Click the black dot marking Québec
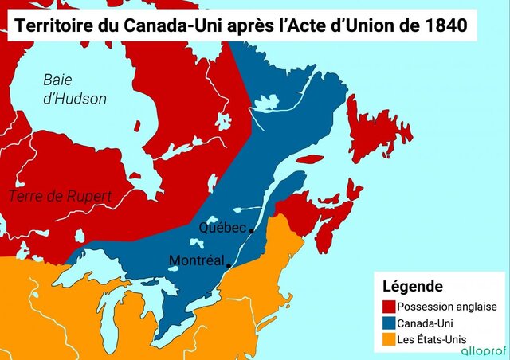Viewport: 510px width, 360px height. click(252, 231)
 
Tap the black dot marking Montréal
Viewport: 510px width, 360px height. click(229, 265)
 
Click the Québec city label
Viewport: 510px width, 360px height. click(222, 228)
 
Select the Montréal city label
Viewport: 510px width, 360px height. click(197, 260)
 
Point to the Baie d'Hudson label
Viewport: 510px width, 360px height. click(75, 88)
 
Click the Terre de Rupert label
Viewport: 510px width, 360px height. click(60, 196)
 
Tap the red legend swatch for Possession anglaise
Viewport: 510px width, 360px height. click(389, 306)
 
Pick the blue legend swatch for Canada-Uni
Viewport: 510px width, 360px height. click(389, 323)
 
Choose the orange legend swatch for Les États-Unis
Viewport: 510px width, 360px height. click(389, 340)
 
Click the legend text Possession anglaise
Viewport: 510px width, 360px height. click(447, 306)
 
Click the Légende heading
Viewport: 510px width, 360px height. click(413, 286)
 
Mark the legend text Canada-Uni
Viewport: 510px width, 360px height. click(428, 323)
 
